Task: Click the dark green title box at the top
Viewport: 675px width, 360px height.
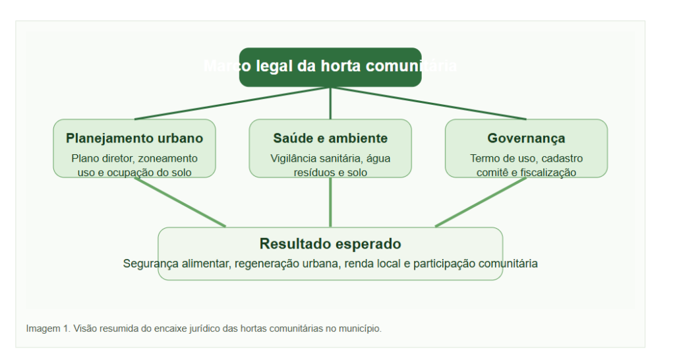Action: point(330,67)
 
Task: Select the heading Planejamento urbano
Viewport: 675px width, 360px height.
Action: point(134,138)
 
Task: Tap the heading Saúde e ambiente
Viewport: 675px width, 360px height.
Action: point(330,138)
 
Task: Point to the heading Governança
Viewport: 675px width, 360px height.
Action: point(526,138)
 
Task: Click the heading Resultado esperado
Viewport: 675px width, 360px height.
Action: point(330,244)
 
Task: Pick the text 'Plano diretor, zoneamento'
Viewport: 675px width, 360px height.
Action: point(134,158)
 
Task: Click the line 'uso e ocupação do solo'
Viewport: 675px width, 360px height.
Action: point(134,172)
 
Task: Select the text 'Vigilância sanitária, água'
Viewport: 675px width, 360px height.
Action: point(330,158)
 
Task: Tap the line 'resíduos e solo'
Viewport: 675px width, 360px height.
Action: point(330,172)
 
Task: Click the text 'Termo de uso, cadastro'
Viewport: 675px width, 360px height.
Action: point(526,158)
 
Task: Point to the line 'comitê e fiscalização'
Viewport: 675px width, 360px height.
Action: point(526,172)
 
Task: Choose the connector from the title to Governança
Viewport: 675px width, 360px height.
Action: point(428,103)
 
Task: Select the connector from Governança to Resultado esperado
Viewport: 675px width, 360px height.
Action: point(481,202)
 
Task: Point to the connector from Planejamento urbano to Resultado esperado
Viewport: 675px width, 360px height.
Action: point(180,202)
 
